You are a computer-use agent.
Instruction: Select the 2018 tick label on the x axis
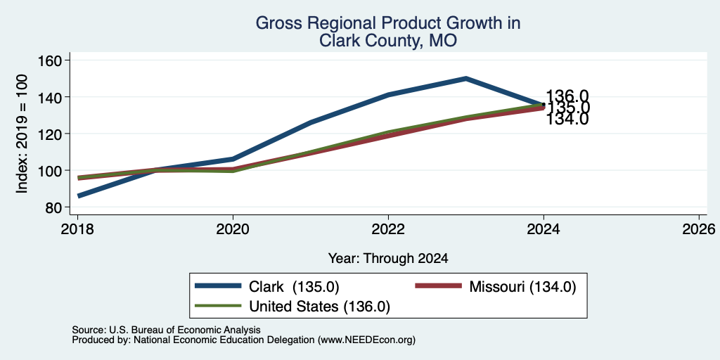pos(77,229)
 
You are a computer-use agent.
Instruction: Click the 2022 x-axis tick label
pos(388,229)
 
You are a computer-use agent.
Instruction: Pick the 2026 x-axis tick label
pos(699,229)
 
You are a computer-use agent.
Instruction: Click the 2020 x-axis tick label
pos(233,229)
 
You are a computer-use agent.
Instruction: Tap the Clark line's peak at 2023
pos(466,79)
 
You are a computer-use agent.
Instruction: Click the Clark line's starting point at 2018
pos(79,196)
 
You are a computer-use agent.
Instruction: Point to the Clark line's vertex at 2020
pos(233,159)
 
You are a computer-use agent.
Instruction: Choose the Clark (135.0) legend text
pos(294,287)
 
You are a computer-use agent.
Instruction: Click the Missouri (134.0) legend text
pos(522,287)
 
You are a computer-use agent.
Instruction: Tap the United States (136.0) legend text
pos(320,307)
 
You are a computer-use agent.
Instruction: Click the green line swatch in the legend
pos(218,305)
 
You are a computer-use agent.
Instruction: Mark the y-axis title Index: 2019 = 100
pos(22,134)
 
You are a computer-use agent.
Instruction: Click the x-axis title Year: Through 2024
pos(388,258)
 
